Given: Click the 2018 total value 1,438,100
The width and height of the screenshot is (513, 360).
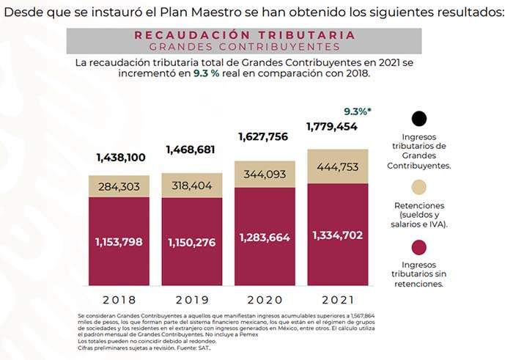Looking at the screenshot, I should click(x=119, y=158).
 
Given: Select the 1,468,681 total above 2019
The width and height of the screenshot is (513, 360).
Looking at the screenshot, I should click(x=192, y=150).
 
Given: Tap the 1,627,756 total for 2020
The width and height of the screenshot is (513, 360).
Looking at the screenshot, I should click(x=265, y=136).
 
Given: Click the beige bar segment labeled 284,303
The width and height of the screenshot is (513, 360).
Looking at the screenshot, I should click(x=119, y=186).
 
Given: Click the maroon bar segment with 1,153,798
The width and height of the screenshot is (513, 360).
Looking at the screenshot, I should click(x=119, y=241).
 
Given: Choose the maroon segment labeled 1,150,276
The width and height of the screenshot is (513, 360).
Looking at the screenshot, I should click(x=192, y=241).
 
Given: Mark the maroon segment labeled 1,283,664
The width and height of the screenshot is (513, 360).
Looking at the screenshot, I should click(x=265, y=238).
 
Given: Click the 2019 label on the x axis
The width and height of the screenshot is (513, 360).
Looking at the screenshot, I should click(x=192, y=300).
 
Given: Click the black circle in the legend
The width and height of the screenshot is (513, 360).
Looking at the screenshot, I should click(x=419, y=119).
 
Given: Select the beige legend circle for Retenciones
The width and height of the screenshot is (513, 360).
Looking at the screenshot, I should click(x=419, y=186).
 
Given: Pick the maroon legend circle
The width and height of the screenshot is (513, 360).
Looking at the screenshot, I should click(x=419, y=245).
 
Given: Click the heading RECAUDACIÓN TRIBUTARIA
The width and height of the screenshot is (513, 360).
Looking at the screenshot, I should click(x=244, y=35).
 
